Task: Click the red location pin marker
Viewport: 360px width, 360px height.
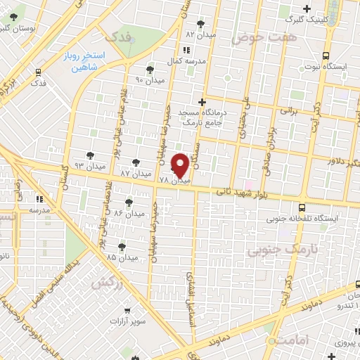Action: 179,164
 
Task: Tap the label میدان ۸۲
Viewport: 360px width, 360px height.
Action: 200,34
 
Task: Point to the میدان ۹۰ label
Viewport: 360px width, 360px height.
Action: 149,79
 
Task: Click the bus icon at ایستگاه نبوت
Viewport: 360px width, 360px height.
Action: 326,56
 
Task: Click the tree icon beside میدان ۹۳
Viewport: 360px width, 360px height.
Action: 89,155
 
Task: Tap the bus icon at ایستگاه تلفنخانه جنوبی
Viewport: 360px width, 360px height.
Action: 302,207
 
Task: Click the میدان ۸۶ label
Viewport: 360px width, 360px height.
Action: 129,212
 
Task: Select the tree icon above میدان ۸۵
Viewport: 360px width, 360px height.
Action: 122,246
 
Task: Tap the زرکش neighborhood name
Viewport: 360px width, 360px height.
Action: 103,282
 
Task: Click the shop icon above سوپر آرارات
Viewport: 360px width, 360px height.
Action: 127,310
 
